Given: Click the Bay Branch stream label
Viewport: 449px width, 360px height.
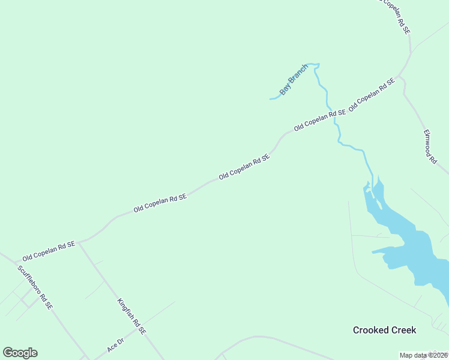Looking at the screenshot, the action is (x=294, y=80).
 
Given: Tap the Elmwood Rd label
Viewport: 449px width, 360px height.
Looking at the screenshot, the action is (x=429, y=146).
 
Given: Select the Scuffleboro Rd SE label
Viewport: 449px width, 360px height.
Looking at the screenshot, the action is (x=35, y=287).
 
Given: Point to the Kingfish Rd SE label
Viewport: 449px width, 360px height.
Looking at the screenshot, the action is (x=131, y=316).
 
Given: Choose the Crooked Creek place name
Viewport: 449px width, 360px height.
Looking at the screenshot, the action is (x=384, y=330).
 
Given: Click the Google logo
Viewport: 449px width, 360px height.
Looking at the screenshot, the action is (x=20, y=353).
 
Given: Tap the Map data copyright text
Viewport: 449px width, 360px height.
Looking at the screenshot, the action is (x=424, y=355).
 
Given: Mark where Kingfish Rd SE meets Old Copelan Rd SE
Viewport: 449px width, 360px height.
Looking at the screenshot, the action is (x=79, y=242).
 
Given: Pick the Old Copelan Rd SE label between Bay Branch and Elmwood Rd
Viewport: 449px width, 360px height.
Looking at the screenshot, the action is (x=372, y=95).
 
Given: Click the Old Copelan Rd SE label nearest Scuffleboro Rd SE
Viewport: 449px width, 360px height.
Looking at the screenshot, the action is (x=49, y=251).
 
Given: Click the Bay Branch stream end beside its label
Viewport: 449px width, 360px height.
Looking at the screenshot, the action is (x=271, y=98).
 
